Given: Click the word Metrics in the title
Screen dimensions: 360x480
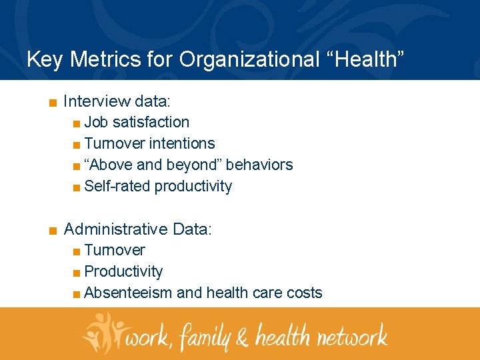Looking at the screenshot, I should (x=100, y=59).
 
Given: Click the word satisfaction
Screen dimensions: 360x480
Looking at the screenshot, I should (x=151, y=122).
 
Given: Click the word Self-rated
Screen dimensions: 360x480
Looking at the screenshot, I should (x=117, y=186).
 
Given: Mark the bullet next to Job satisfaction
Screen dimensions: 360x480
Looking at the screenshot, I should (x=77, y=123).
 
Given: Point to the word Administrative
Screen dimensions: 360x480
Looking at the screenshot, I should (x=115, y=229).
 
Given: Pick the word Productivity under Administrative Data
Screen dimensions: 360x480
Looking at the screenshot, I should (x=123, y=271).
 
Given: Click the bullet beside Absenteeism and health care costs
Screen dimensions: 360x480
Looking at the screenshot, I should (x=77, y=294).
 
